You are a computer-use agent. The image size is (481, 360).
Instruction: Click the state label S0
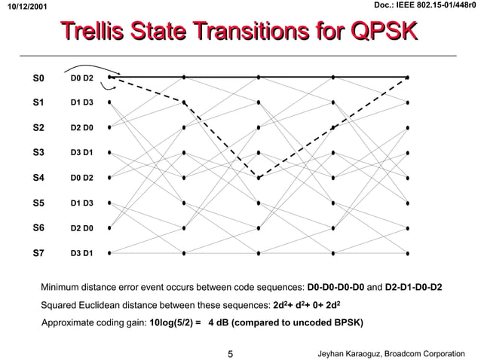click(39, 78)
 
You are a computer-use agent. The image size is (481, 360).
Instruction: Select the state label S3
click(39, 153)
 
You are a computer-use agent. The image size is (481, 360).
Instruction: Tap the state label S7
click(39, 253)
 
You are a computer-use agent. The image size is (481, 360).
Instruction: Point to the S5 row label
click(39, 203)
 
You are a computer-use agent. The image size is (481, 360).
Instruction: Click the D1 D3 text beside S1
click(81, 102)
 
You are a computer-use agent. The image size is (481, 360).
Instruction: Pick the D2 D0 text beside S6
click(81, 227)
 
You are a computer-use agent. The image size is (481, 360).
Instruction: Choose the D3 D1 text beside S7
click(81, 253)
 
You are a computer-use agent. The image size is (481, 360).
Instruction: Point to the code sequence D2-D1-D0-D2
click(413, 288)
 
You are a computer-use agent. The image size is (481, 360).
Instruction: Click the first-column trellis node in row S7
click(110, 253)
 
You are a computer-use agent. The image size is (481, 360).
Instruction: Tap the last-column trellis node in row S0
click(408, 77)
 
